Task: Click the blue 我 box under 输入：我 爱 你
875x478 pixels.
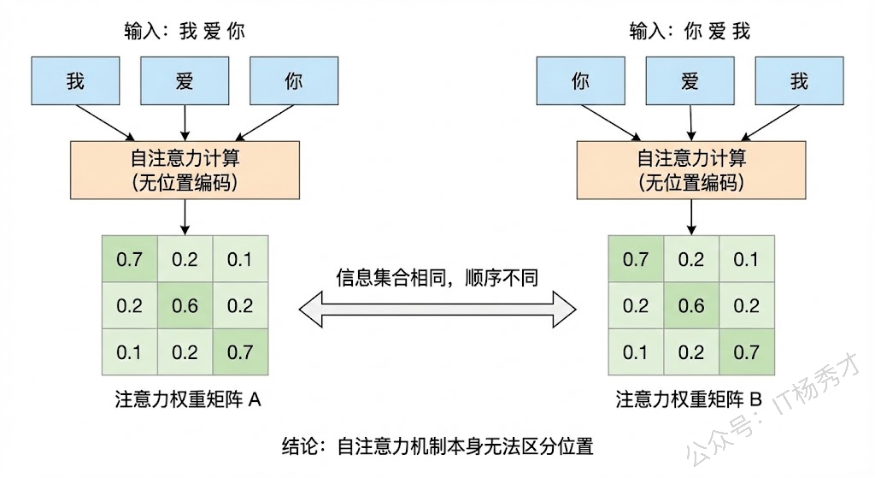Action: pyautogui.click(x=75, y=81)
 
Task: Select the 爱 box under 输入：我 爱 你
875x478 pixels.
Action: pyautogui.click(x=185, y=81)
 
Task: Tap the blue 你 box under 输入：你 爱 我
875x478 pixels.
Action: pyautogui.click(x=581, y=81)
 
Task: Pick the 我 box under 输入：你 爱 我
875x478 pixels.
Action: pyautogui.click(x=800, y=81)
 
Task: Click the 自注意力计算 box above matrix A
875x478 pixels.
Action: pyautogui.click(x=185, y=170)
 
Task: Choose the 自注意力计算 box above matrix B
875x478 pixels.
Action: pyautogui.click(x=690, y=170)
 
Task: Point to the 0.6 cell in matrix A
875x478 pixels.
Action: pyautogui.click(x=185, y=305)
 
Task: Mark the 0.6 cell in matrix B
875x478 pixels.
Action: pyautogui.click(x=690, y=305)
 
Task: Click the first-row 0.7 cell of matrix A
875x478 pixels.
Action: pyautogui.click(x=129, y=259)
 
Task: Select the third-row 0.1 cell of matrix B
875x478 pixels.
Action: pyautogui.click(x=636, y=351)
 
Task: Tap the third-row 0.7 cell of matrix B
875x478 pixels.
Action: pyautogui.click(x=745, y=351)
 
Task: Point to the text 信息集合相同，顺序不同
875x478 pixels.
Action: pyautogui.click(x=437, y=278)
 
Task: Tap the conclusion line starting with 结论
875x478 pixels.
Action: pyautogui.click(x=437, y=446)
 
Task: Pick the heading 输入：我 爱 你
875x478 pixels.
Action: pyautogui.click(x=185, y=32)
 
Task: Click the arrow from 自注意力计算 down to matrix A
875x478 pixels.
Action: pyautogui.click(x=185, y=216)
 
